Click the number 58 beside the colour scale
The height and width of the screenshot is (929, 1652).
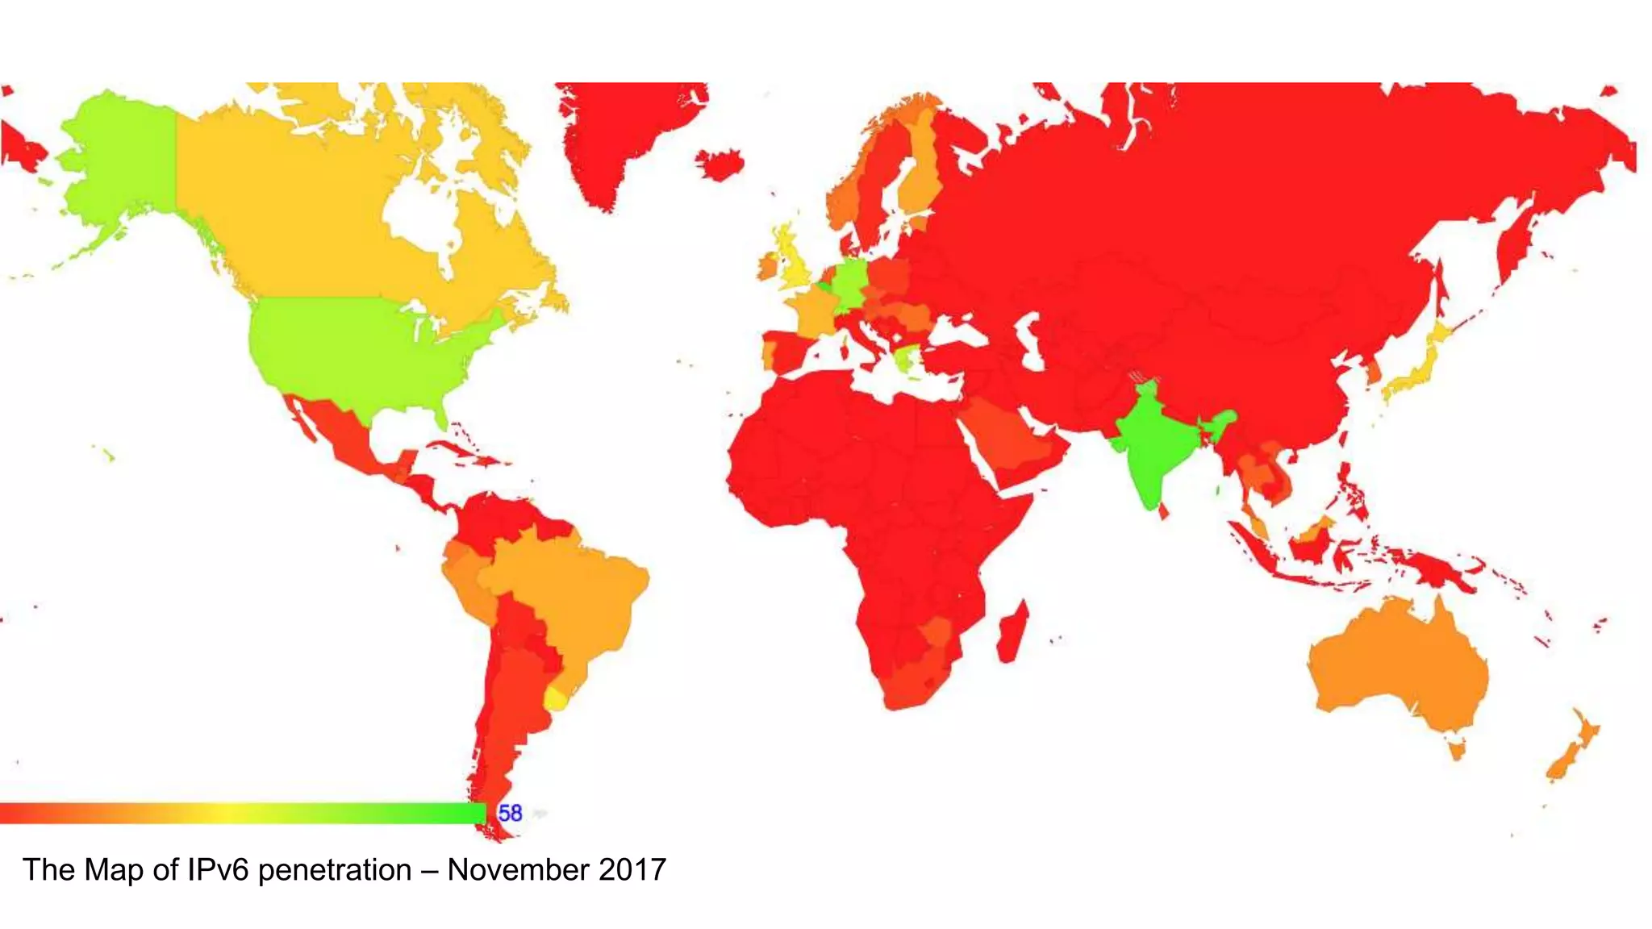coord(510,813)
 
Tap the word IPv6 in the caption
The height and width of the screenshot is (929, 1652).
coord(219,870)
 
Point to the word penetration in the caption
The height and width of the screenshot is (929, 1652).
coord(335,870)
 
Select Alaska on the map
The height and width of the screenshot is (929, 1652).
coord(121,161)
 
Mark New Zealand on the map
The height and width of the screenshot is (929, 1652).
coord(1573,746)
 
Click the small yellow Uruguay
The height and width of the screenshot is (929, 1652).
coord(556,698)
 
